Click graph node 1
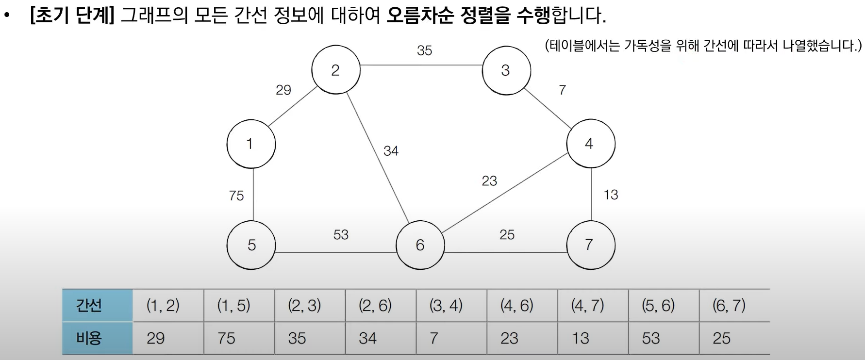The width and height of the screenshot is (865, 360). point(251,144)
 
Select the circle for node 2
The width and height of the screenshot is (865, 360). point(336,70)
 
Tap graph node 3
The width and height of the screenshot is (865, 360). point(506,70)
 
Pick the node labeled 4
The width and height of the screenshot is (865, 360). point(591,144)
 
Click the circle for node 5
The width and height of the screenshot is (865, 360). point(251,245)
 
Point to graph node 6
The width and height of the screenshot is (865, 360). point(420,245)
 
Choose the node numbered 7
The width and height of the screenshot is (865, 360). point(591,245)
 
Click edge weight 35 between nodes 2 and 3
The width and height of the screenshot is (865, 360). point(424,50)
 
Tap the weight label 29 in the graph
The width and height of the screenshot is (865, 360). point(283,90)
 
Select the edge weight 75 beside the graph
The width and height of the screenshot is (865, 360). point(236,196)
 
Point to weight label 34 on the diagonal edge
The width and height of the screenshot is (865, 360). point(391,151)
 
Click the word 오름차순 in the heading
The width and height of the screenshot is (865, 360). point(420,16)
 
